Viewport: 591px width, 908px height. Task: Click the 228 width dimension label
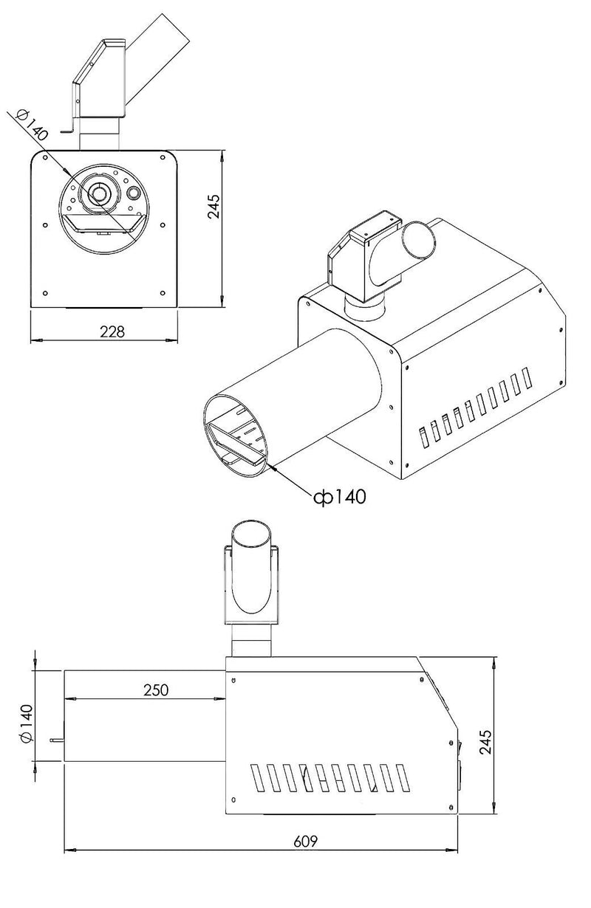point(112,332)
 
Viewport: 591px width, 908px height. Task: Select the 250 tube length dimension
point(156,689)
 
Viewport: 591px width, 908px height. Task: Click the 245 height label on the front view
point(213,206)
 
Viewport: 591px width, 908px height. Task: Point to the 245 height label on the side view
point(485,742)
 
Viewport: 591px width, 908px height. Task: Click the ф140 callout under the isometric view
point(340,497)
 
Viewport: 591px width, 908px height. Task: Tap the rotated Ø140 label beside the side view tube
point(27,723)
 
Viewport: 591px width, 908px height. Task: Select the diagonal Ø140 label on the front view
point(32,125)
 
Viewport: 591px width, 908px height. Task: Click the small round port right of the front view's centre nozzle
point(133,193)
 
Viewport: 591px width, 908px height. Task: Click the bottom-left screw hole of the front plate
point(45,293)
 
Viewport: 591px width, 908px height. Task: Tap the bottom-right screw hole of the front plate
point(163,292)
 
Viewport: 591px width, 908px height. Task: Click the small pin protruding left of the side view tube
point(57,740)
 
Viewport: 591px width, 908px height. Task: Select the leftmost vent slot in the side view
point(258,777)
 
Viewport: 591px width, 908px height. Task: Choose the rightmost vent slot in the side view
point(403,778)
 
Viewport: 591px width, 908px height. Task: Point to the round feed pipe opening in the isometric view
point(419,240)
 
